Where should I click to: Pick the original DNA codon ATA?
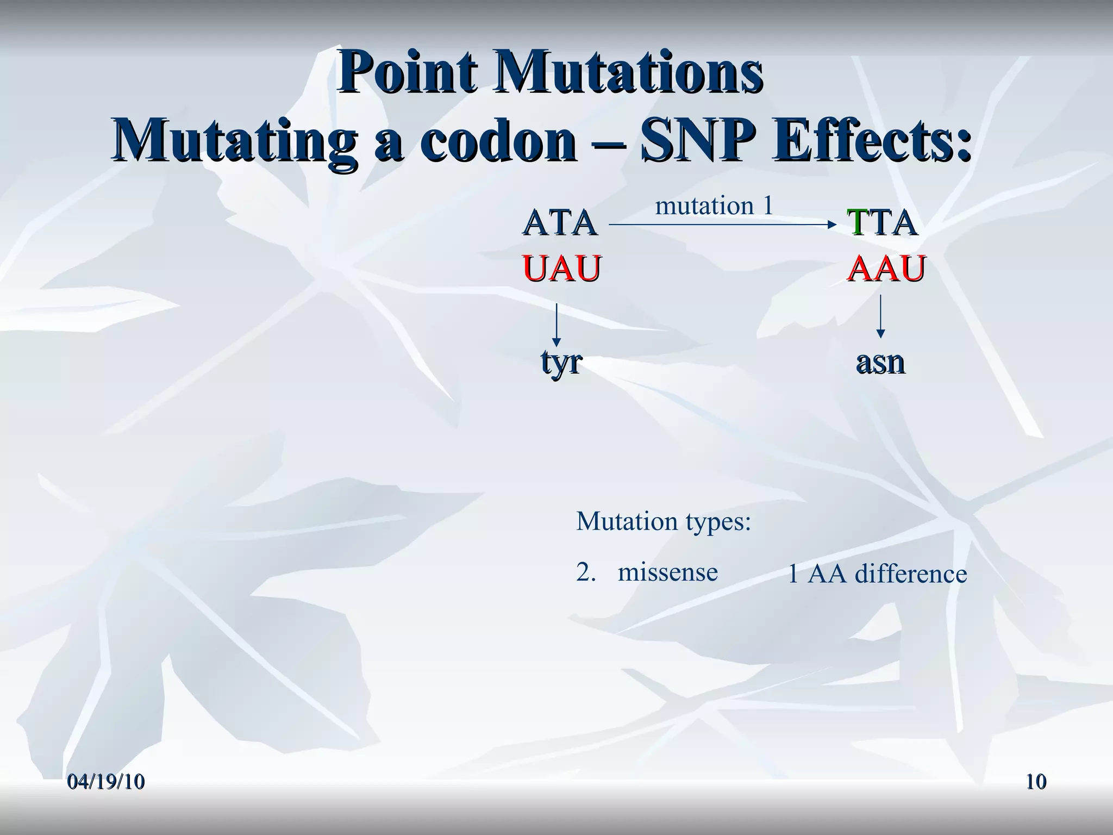click(559, 223)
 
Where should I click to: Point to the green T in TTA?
click(857, 223)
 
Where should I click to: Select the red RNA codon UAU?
click(561, 269)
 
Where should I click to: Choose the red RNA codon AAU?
click(886, 269)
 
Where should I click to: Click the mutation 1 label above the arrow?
click(714, 206)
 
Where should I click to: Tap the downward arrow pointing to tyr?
click(556, 325)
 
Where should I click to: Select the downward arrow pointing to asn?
click(880, 317)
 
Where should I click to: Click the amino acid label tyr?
click(561, 362)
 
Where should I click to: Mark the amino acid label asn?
click(880, 362)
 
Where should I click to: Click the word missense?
click(667, 572)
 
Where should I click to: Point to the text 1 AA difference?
click(877, 574)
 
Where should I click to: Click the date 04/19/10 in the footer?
click(107, 782)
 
